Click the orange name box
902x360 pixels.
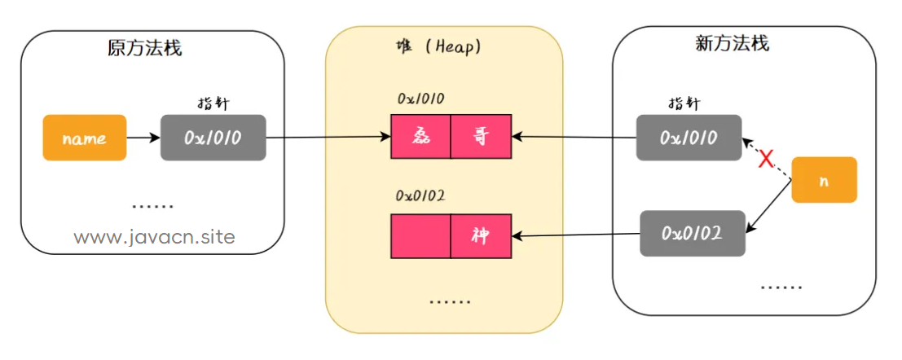click(x=85, y=138)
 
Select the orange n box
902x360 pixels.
click(x=825, y=180)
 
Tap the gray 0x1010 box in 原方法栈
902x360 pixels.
click(x=213, y=138)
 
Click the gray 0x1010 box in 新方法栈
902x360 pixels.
click(x=689, y=138)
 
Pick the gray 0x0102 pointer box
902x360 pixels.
click(x=693, y=234)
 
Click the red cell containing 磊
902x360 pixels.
click(x=420, y=137)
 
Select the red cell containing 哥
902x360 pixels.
click(x=481, y=137)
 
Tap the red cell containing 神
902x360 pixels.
click(x=481, y=236)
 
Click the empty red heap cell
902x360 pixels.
click(x=420, y=236)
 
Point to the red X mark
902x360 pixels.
click(x=765, y=160)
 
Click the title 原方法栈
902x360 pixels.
click(x=144, y=48)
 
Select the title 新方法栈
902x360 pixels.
click(x=732, y=44)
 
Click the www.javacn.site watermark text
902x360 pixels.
click(x=155, y=237)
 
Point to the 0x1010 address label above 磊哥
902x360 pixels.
click(x=420, y=99)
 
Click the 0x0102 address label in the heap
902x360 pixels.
click(x=421, y=196)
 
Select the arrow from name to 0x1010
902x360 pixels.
click(x=143, y=138)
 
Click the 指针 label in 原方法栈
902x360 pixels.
click(x=213, y=103)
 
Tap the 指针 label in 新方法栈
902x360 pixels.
click(x=684, y=103)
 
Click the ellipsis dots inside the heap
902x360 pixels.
click(x=451, y=301)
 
